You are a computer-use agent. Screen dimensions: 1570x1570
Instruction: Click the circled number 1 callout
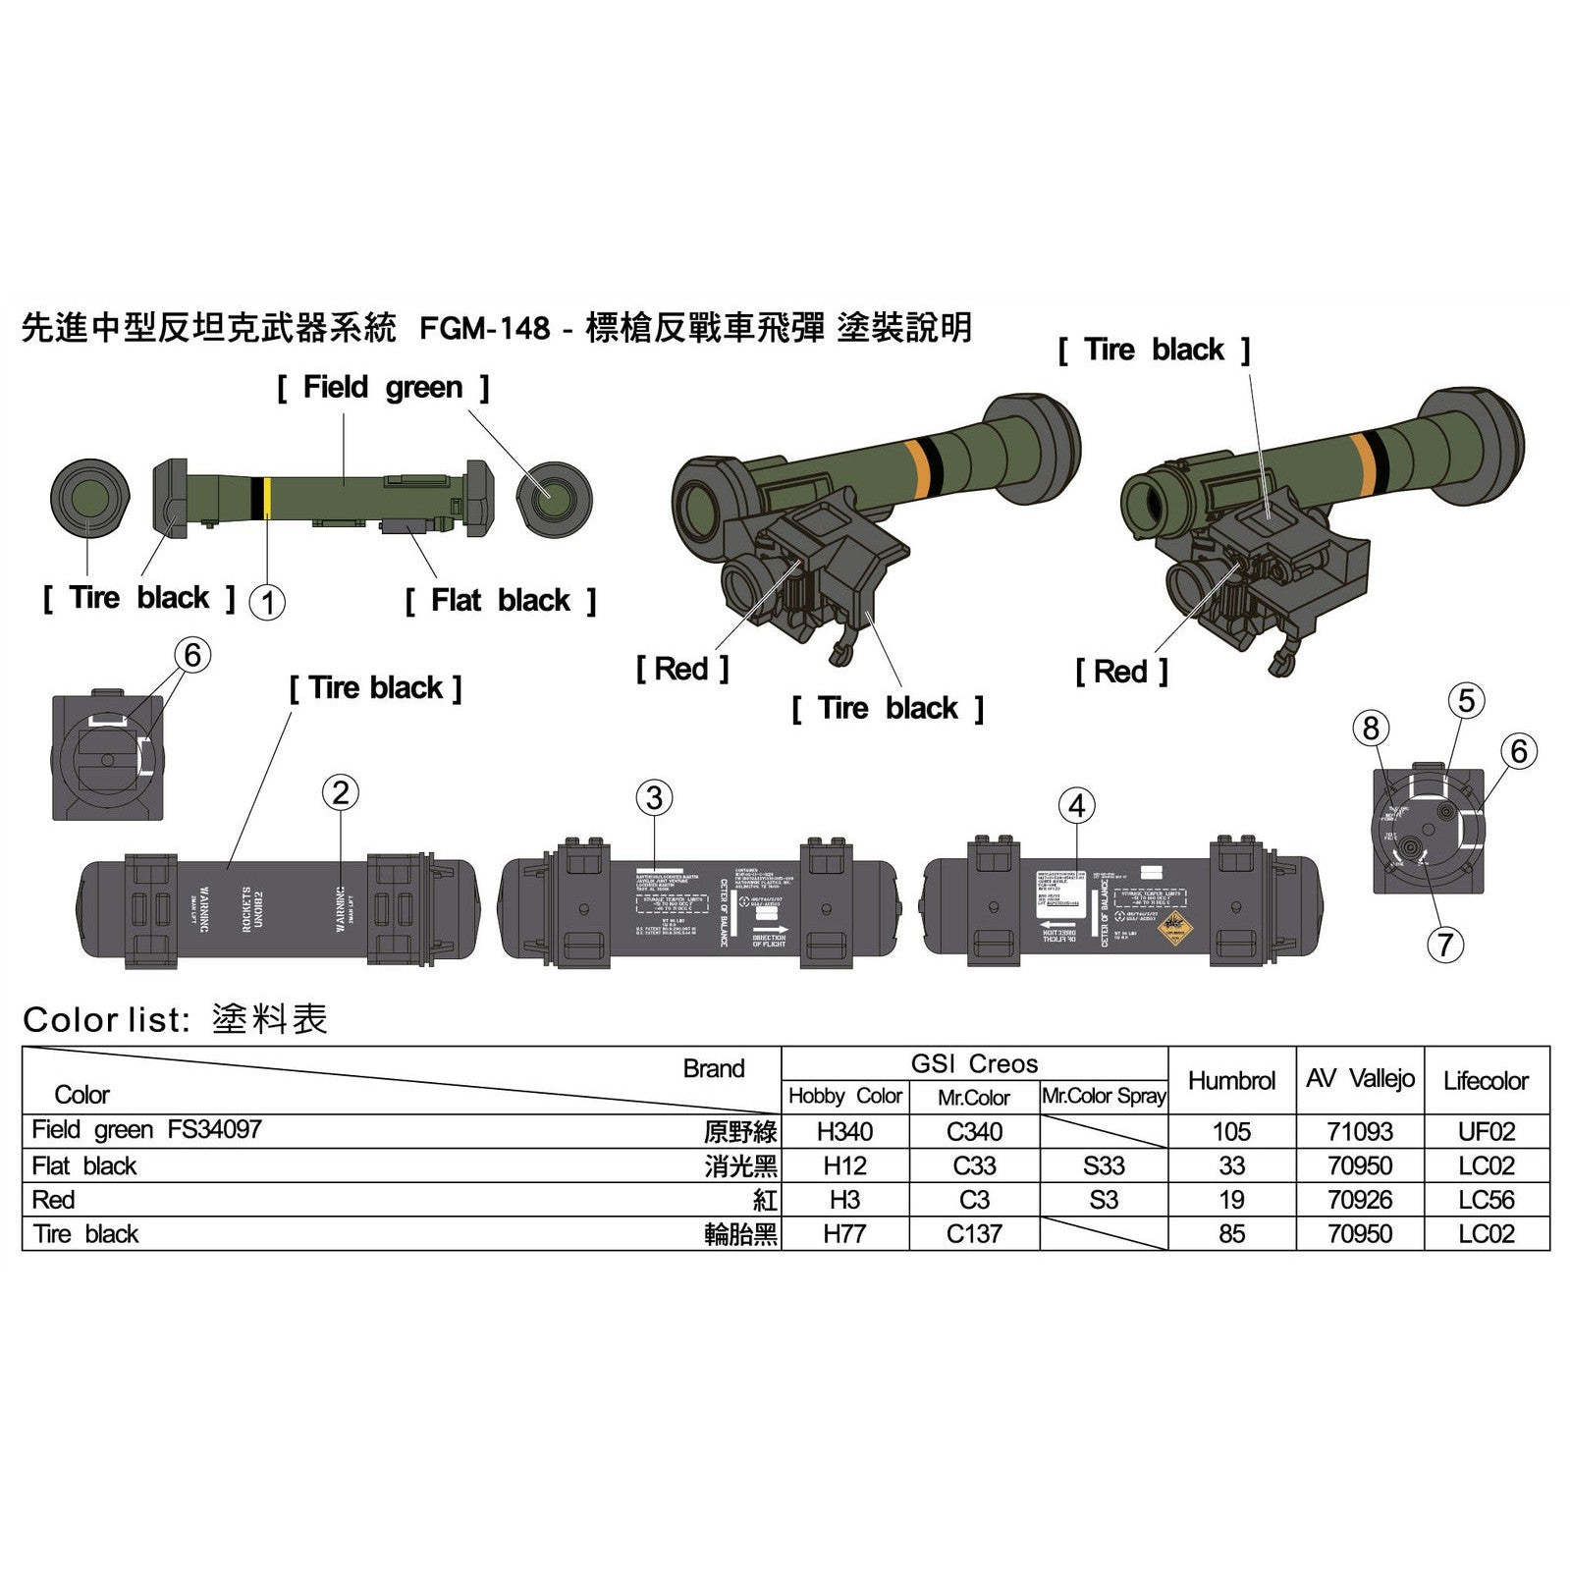click(x=267, y=601)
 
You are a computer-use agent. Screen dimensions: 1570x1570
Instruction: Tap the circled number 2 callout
click(x=341, y=792)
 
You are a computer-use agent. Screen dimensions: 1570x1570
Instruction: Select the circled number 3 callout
click(x=654, y=798)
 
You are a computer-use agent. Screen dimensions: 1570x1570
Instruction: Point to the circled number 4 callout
click(x=1077, y=806)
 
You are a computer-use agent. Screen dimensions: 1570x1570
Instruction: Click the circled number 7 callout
click(x=1444, y=945)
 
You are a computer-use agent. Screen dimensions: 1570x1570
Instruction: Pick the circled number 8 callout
click(x=1372, y=729)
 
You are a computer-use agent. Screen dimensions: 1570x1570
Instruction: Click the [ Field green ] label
click(x=382, y=387)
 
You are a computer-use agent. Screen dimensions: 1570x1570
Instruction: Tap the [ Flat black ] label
click(x=500, y=600)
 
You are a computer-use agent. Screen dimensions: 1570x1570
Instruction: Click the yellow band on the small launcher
click(x=267, y=498)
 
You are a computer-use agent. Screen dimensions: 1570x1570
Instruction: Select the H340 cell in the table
click(x=844, y=1131)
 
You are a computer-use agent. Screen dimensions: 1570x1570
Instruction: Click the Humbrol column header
click(x=1231, y=1080)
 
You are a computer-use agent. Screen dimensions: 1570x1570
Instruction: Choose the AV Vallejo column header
click(x=1360, y=1078)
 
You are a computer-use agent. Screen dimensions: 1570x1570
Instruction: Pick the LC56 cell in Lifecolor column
click(x=1486, y=1200)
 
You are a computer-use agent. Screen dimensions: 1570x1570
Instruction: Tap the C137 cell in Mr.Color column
click(x=974, y=1233)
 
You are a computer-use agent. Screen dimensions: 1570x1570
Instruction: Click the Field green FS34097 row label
click(x=147, y=1129)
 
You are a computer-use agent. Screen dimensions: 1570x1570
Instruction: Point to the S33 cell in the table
click(x=1104, y=1165)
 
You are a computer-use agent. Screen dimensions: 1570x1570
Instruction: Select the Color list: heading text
click(x=105, y=1019)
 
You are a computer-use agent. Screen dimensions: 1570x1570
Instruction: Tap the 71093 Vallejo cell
click(x=1360, y=1131)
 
